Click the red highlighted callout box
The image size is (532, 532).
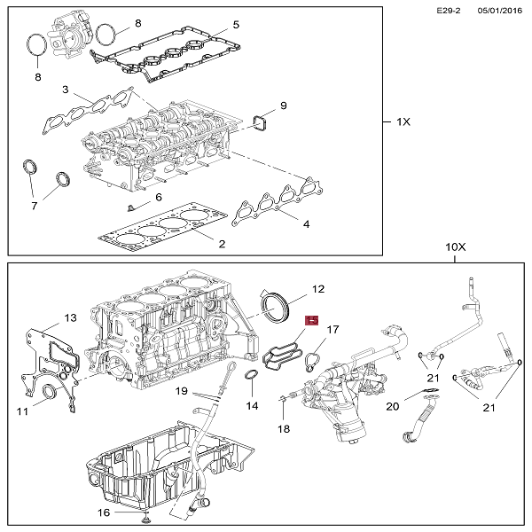click(x=312, y=320)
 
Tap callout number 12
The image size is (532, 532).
click(x=318, y=289)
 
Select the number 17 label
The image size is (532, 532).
click(x=332, y=330)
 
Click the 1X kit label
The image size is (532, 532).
click(x=403, y=121)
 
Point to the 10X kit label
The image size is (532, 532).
click(x=456, y=247)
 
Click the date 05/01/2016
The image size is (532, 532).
click(x=500, y=11)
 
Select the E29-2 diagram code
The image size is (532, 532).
click(x=448, y=11)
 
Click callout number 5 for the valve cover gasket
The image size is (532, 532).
click(x=236, y=25)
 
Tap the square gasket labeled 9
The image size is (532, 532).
click(x=260, y=123)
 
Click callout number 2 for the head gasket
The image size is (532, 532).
click(x=222, y=244)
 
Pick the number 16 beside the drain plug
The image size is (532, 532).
click(x=104, y=512)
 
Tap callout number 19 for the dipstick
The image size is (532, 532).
click(x=182, y=391)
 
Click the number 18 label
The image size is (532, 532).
click(x=284, y=429)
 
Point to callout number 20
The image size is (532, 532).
click(x=393, y=406)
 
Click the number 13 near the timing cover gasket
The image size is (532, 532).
click(x=70, y=318)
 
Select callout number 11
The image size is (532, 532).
click(x=22, y=412)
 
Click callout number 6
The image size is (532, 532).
click(x=159, y=198)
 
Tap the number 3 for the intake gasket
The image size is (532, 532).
click(x=65, y=90)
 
